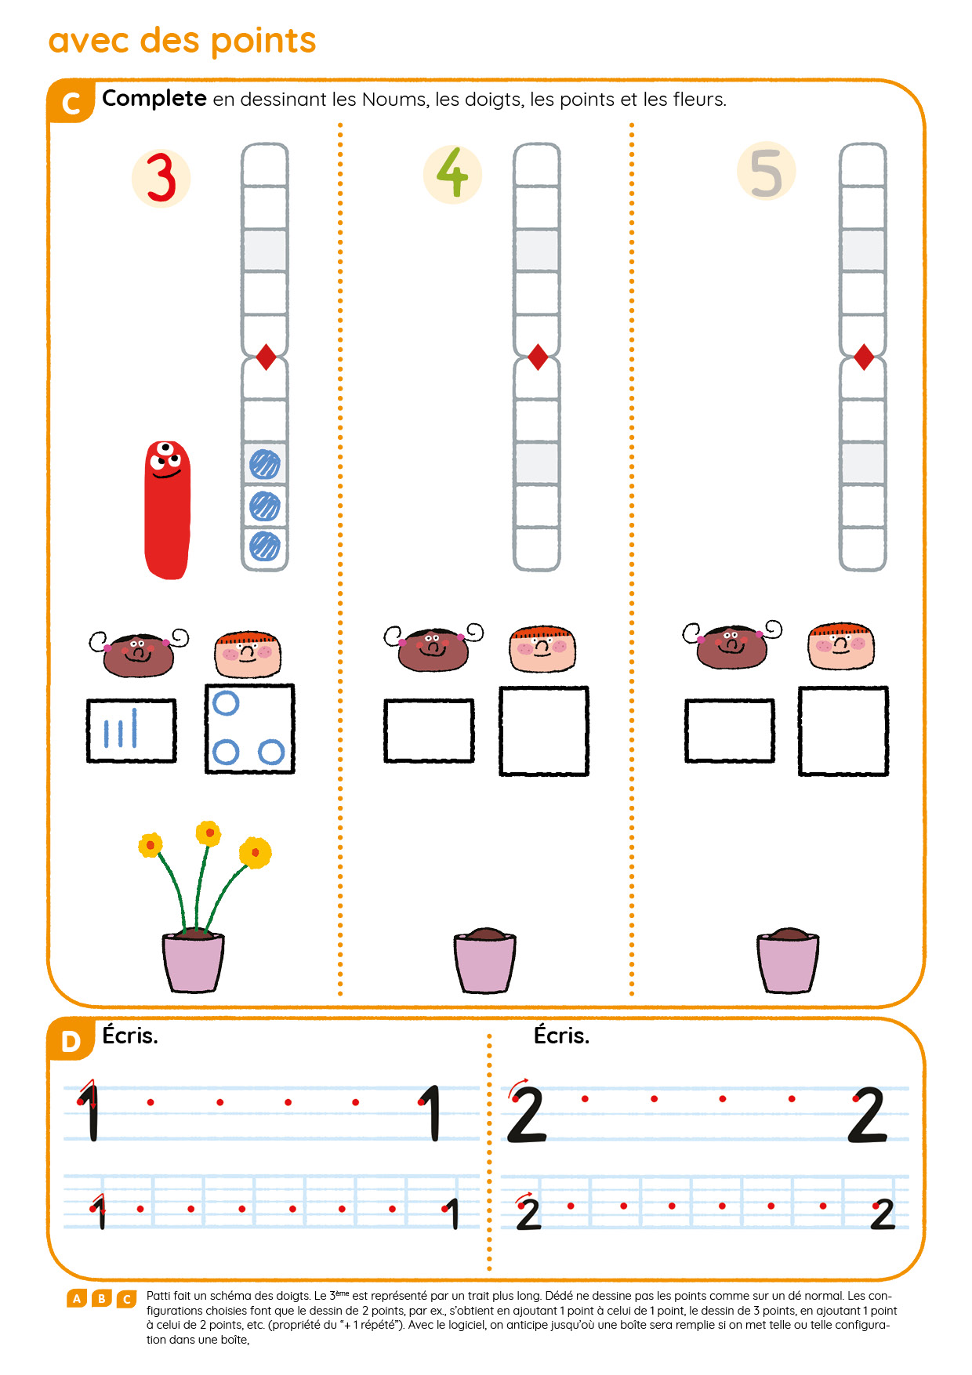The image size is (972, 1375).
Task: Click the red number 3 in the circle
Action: point(161,178)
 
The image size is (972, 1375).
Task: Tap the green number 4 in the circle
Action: point(452,172)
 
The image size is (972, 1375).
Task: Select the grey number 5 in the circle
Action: point(766,172)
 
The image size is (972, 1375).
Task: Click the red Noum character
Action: point(167,510)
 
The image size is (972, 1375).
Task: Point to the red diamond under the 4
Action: point(538,357)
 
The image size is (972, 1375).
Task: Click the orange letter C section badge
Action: point(71,103)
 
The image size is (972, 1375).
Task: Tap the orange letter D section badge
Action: point(71,1041)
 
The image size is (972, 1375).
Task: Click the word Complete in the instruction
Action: point(154,99)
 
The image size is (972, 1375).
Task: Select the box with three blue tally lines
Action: point(131,731)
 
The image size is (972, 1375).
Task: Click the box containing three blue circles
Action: point(250,729)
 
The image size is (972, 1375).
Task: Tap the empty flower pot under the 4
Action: point(485,960)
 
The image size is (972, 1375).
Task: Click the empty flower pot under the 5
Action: point(788,960)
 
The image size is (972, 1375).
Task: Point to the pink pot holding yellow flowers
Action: point(194,961)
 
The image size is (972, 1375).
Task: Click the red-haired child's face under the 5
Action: point(841,646)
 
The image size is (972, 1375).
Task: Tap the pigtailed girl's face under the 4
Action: point(433,648)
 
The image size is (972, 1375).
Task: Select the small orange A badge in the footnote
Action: point(77,1299)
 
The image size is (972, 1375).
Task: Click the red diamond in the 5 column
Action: point(864,357)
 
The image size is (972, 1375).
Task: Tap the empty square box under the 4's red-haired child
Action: point(544,731)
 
